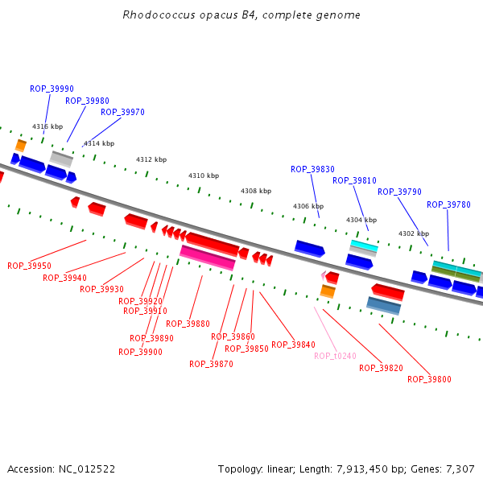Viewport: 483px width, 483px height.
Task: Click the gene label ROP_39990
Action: tap(52, 89)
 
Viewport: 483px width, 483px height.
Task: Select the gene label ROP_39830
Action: tap(312, 169)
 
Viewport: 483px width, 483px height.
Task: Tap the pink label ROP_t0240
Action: tap(335, 356)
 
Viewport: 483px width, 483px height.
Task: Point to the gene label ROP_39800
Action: tap(429, 379)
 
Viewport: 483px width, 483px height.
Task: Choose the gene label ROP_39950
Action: tap(29, 266)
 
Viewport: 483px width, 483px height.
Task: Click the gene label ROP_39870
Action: tap(211, 364)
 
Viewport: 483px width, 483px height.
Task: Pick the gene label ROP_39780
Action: tap(448, 204)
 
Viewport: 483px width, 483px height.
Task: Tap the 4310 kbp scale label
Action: tap(204, 175)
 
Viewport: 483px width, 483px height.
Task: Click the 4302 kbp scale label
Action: tap(414, 233)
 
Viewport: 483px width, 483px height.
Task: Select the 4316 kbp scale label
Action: tap(47, 126)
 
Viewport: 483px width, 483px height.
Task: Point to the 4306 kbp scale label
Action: tap(308, 206)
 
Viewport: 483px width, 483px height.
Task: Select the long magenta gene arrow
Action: tap(207, 258)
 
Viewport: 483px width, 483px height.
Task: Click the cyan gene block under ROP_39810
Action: tap(364, 245)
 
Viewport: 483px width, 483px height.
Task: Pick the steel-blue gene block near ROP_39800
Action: tap(383, 305)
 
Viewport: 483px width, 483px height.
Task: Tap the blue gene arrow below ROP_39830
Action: tap(309, 248)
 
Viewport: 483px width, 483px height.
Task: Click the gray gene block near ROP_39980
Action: tap(61, 158)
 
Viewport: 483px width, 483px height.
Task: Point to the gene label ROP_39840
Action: tap(293, 345)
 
